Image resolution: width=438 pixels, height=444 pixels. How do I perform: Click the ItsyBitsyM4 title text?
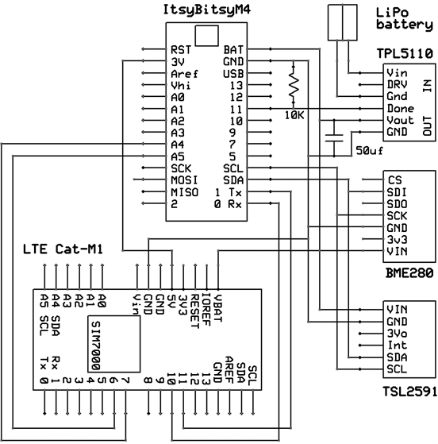click(206, 9)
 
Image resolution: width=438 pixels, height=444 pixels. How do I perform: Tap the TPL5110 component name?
click(405, 54)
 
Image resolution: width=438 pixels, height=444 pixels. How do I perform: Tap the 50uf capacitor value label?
click(371, 149)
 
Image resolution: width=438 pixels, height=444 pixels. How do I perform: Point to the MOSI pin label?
click(182, 180)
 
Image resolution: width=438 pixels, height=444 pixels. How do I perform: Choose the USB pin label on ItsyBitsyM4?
click(233, 72)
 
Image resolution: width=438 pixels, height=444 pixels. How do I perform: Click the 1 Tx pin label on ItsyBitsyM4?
click(229, 192)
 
